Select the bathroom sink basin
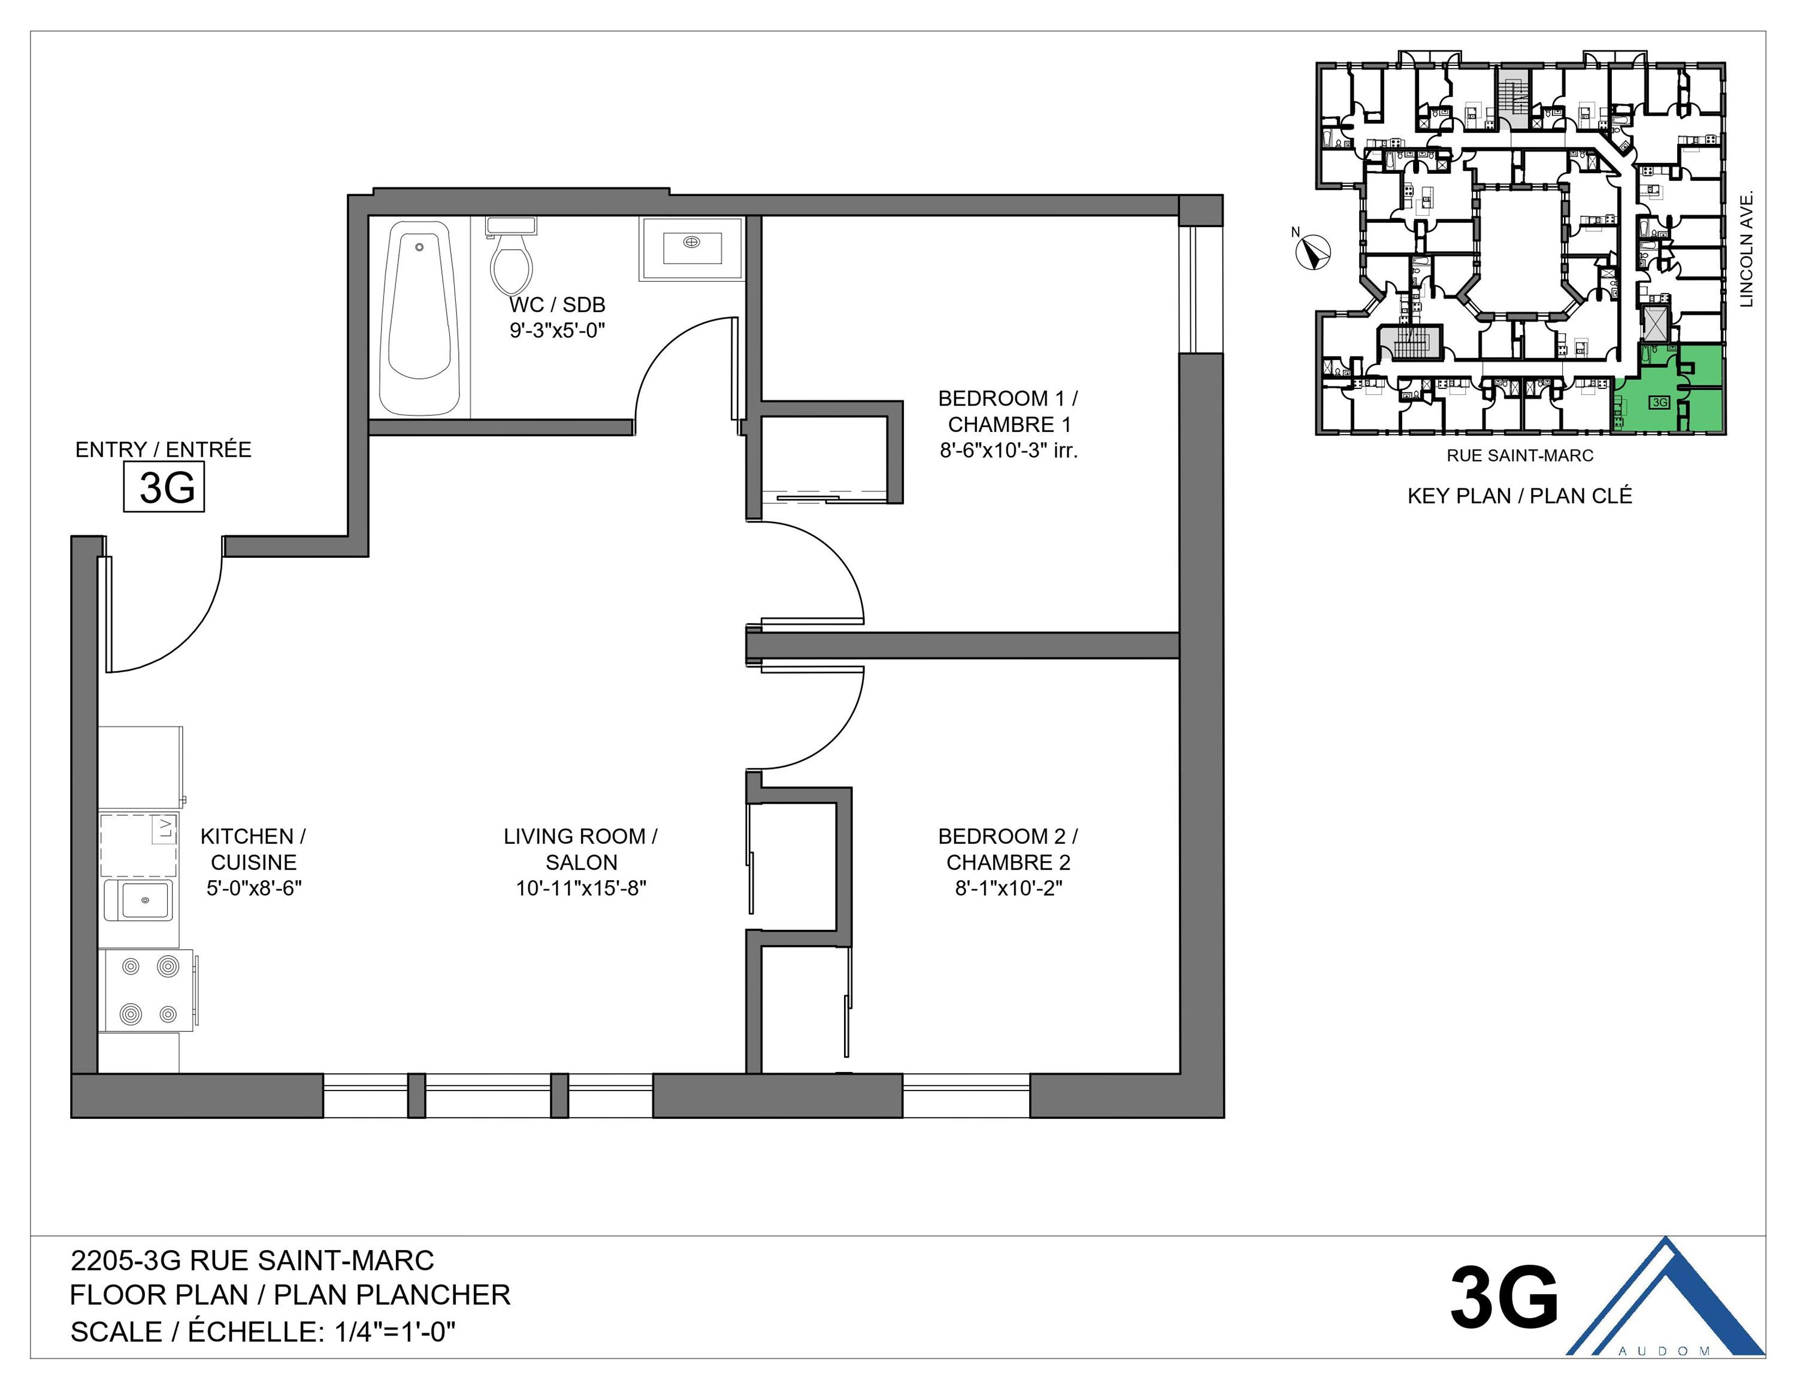692,245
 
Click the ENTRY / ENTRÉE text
163,449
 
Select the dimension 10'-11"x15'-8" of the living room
581,888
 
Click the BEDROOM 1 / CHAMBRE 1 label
1008,412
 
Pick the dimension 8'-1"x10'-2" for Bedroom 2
1008,888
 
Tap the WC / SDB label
557,304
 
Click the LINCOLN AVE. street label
1746,249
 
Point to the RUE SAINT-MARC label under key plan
1520,455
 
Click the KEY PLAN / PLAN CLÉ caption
1519,496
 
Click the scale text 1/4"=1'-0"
395,1331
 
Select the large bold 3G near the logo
1504,1299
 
